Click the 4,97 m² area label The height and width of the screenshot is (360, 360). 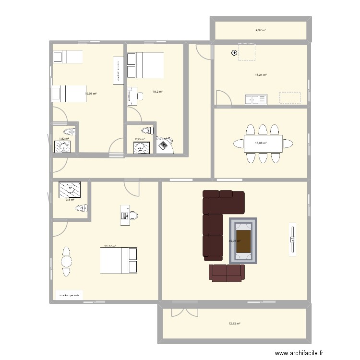point(261,30)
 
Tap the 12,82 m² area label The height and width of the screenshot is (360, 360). point(234,324)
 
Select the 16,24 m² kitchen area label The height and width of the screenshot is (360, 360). point(261,75)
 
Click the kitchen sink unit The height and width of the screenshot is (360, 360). point(255,100)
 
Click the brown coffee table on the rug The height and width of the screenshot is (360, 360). point(243,240)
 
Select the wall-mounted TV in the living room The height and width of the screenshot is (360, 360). point(292,238)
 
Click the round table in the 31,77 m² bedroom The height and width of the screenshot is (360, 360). point(66,261)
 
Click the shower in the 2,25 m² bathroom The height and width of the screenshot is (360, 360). point(142,147)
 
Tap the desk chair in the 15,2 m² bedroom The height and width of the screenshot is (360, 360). point(140,96)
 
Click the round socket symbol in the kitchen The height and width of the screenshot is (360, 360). point(235,53)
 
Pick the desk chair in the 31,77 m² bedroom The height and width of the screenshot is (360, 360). point(133,216)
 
